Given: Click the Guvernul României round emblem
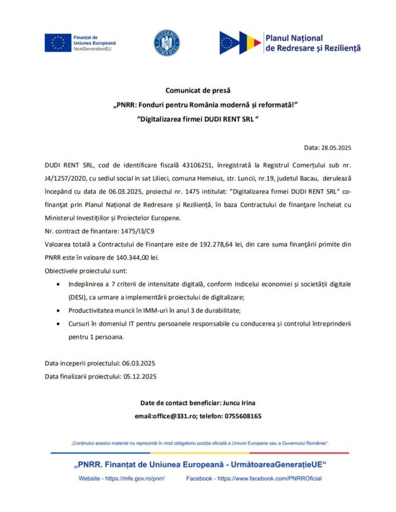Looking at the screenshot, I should coord(167,43).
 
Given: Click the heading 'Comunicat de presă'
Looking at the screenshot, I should coord(198,90).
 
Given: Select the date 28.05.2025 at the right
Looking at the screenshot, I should coord(336,148).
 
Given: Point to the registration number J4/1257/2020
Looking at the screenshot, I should coord(67,178).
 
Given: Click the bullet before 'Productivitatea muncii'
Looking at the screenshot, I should coord(60,310).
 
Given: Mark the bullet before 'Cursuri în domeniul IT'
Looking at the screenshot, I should coord(60,323).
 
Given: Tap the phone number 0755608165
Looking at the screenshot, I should coord(243,416).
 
